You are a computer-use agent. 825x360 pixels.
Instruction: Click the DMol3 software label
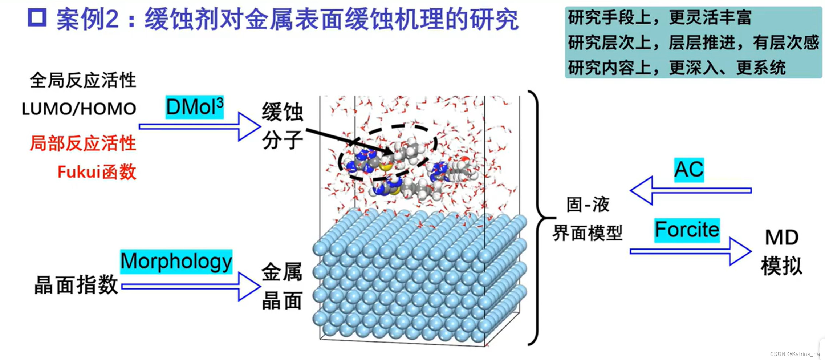coord(195,107)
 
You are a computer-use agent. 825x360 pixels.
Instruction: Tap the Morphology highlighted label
coord(176,262)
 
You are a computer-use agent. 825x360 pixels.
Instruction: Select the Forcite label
coord(687,230)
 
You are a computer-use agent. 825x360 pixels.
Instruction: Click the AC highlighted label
coord(689,170)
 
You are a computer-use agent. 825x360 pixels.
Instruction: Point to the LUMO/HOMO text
coord(79,109)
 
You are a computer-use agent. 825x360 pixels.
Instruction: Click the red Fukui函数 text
coord(97,172)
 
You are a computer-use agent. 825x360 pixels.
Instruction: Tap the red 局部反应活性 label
coord(83,143)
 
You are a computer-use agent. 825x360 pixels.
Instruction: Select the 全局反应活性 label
coord(83,80)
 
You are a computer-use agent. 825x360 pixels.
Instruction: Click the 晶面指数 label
coord(76,285)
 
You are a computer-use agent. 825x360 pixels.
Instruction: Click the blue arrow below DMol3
coord(200,126)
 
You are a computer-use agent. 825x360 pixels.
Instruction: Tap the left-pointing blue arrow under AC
coord(690,190)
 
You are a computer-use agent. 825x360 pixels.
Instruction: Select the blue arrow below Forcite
coord(690,251)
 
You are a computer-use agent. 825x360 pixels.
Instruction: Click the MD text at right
coord(782,238)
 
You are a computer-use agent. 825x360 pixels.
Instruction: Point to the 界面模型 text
coord(587,233)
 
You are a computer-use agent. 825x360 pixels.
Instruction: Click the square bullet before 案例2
coord(37,18)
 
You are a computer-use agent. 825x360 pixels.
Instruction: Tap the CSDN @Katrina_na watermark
coord(794,354)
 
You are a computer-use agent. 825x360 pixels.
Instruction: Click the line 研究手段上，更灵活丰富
coord(659,17)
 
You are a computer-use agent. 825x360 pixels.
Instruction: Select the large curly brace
coord(537,218)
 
